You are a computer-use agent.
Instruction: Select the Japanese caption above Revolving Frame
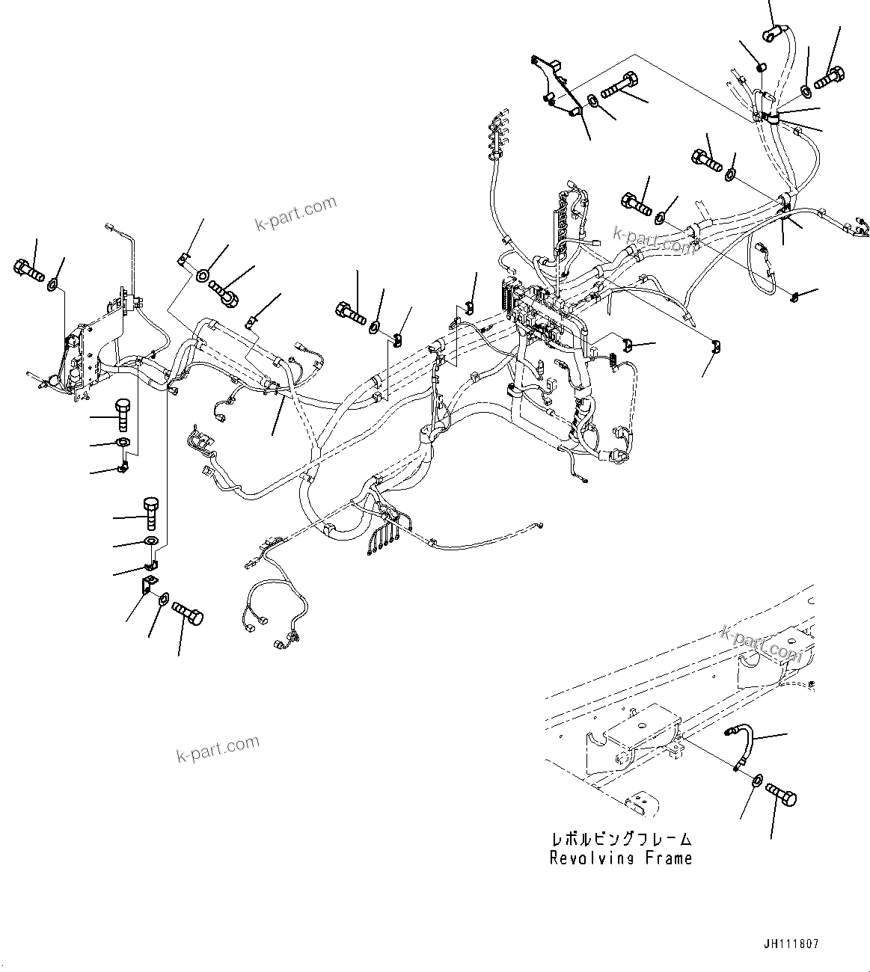[x=621, y=840]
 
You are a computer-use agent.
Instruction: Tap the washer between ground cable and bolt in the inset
[x=756, y=781]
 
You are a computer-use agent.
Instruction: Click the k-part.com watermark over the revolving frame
[x=762, y=645]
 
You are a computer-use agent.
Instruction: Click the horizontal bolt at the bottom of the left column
[x=187, y=615]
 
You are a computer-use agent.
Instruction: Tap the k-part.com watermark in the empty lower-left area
[x=218, y=748]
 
